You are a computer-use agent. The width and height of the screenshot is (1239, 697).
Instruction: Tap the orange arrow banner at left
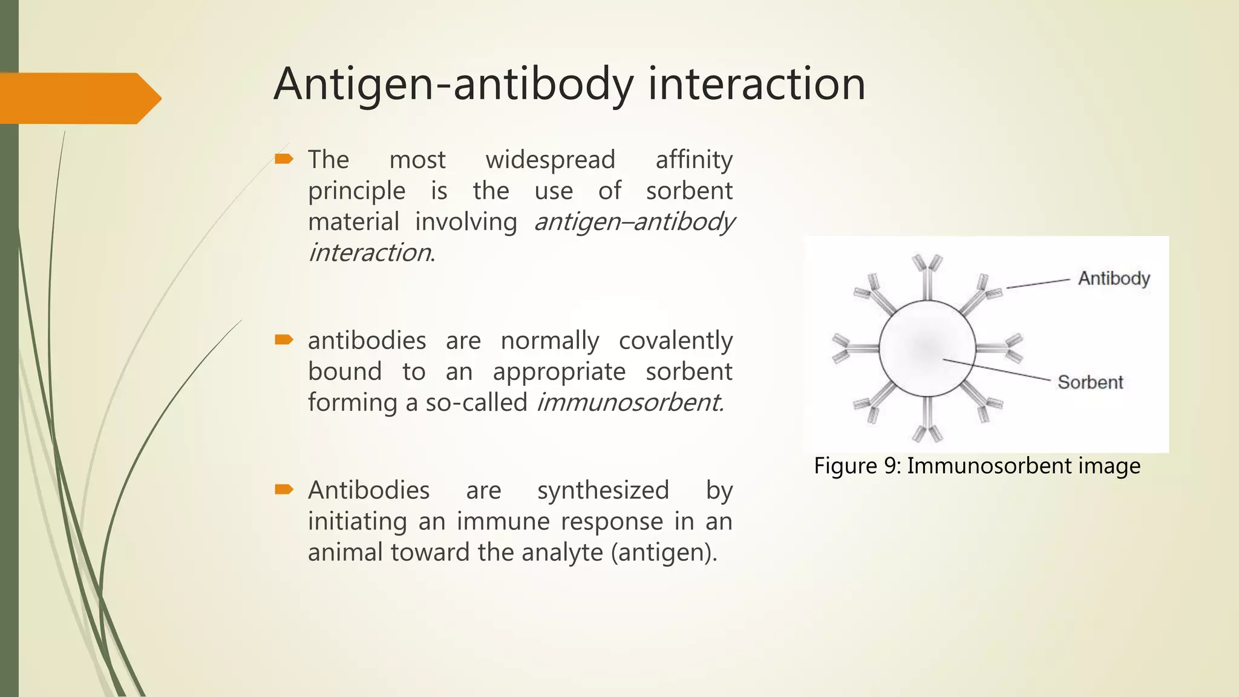[79, 98]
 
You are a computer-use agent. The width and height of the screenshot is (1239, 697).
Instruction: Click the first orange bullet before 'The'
[284, 159]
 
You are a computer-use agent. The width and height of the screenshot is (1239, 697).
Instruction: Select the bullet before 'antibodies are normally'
[284, 339]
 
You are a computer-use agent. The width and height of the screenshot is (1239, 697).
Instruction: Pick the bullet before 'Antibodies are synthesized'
[284, 489]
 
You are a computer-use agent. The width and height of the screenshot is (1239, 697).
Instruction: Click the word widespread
[550, 160]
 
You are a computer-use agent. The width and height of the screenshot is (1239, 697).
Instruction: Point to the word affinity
[694, 160]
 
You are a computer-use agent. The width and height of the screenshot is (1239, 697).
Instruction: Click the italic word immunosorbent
[630, 402]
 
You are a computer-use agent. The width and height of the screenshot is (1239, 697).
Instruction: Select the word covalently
[675, 341]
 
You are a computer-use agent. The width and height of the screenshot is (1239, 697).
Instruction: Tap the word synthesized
[603, 490]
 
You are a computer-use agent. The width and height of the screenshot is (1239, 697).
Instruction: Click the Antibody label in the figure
[1114, 278]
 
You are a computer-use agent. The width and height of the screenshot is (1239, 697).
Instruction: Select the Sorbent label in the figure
[1090, 382]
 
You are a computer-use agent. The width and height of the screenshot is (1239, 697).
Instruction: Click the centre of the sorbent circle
[927, 348]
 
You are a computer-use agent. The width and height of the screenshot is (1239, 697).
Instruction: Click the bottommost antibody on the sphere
[927, 424]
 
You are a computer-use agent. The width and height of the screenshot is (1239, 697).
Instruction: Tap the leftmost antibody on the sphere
[850, 348]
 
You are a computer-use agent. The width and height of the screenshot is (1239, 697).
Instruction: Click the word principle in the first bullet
[356, 191]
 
